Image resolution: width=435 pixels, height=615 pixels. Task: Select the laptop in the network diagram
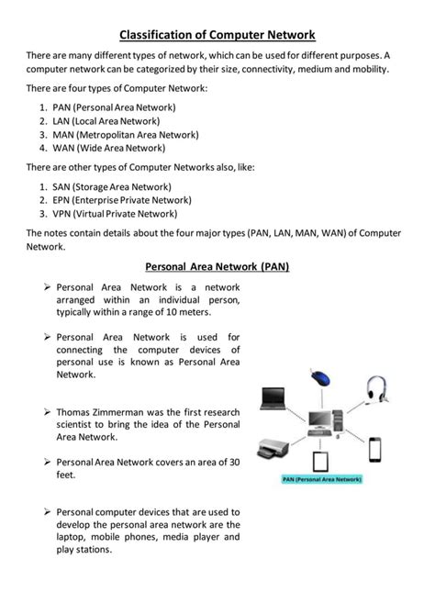tap(273, 397)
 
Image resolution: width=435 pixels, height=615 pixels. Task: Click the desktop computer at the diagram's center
tap(323, 422)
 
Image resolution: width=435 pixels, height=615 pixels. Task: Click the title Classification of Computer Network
tap(217, 35)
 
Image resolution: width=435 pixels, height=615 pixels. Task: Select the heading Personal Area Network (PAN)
tap(217, 267)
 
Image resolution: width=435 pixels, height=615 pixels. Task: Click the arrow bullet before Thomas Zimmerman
tap(47, 411)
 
